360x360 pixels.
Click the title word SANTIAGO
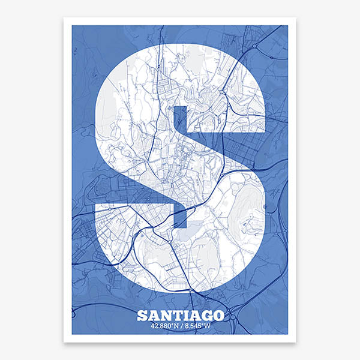point(180,315)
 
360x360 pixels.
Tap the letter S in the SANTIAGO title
point(142,315)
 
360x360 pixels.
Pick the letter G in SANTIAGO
point(205,315)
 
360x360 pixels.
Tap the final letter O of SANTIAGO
point(217,315)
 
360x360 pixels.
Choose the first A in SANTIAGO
point(153,315)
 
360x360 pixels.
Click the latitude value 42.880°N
point(165,326)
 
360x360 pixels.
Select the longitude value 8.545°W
point(197,326)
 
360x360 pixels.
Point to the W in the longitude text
point(208,326)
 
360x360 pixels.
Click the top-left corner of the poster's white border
point(64,18)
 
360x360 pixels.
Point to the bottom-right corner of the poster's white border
point(295,341)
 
